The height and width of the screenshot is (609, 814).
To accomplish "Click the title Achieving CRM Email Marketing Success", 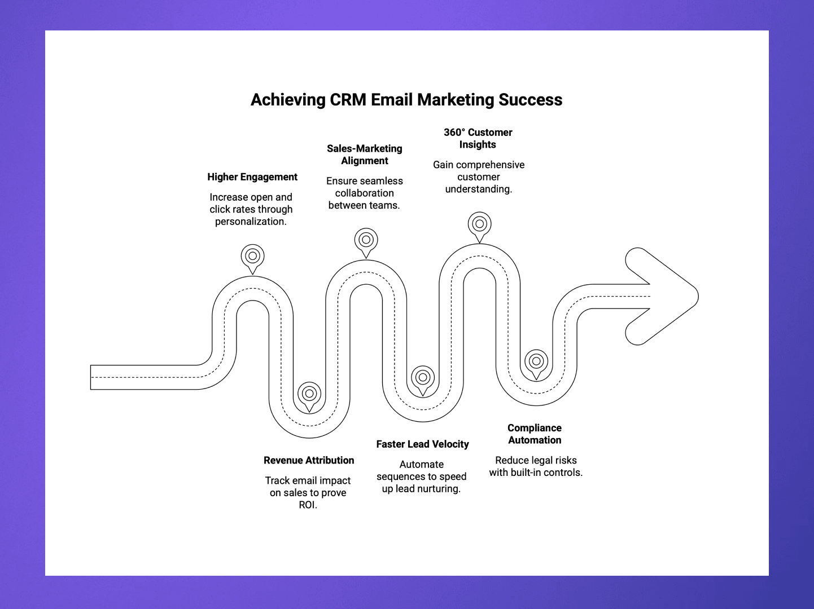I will pos(406,100).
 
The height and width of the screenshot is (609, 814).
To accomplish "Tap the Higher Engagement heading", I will pos(252,177).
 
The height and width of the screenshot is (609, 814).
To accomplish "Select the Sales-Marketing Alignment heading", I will pos(365,155).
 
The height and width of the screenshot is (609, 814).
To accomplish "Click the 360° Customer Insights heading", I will pos(478,138).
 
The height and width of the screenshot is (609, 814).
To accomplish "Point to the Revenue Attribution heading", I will pos(309,461).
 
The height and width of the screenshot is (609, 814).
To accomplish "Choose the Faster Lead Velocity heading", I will pos(422,444).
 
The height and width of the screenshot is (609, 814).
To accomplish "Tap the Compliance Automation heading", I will pos(535,434).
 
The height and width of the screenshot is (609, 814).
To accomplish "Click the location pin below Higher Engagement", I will pos(252,257).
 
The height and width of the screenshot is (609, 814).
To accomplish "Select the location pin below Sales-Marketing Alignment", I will pos(366,241).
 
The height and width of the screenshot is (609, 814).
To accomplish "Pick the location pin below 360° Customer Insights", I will pos(479,224).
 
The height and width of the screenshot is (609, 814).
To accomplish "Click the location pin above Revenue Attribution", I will pos(309,394).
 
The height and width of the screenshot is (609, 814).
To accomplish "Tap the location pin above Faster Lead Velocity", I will pos(423,378).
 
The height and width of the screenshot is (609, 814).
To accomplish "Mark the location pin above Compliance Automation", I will pos(536,362).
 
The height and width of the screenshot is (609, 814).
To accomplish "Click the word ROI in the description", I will pos(308,505).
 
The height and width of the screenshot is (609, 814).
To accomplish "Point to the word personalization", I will pos(251,222).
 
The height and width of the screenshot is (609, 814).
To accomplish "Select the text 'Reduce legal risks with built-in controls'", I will pos(536,466).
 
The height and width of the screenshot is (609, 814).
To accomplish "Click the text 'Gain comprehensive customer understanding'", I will pos(479,177).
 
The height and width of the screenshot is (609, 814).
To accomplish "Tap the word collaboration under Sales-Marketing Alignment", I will pos(365,193).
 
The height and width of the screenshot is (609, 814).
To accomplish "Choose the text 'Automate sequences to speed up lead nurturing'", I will pos(422,476).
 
